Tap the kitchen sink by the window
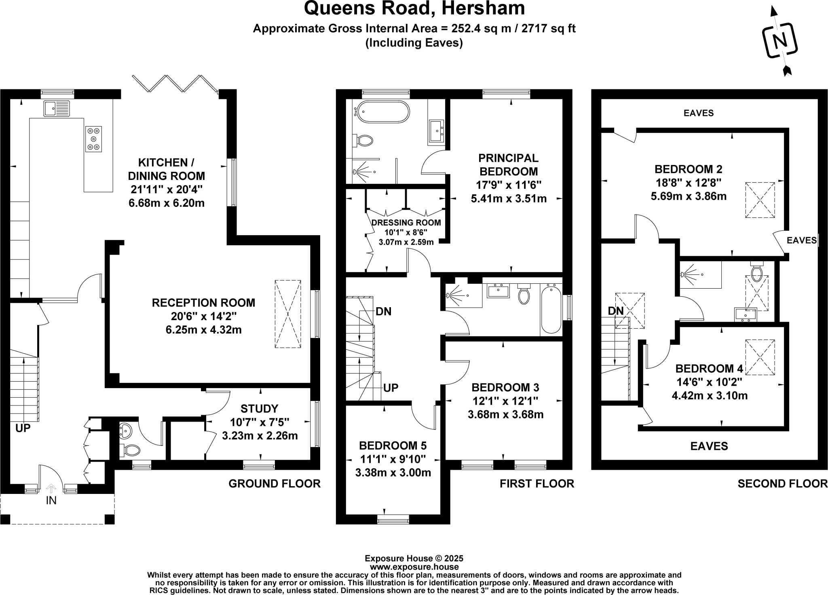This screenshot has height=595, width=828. click(x=57, y=108)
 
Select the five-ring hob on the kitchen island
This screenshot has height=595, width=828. click(x=93, y=139)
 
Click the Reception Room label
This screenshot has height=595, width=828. click(x=203, y=303)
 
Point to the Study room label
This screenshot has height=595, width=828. click(x=260, y=408)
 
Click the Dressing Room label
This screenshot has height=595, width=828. click(x=406, y=223)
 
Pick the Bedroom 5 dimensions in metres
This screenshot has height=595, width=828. click(x=393, y=472)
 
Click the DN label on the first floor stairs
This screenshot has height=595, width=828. click(x=383, y=311)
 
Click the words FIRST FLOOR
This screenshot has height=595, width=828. click(x=537, y=483)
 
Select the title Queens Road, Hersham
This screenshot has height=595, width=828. click(x=414, y=9)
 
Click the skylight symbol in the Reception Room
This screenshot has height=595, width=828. click(x=287, y=314)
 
